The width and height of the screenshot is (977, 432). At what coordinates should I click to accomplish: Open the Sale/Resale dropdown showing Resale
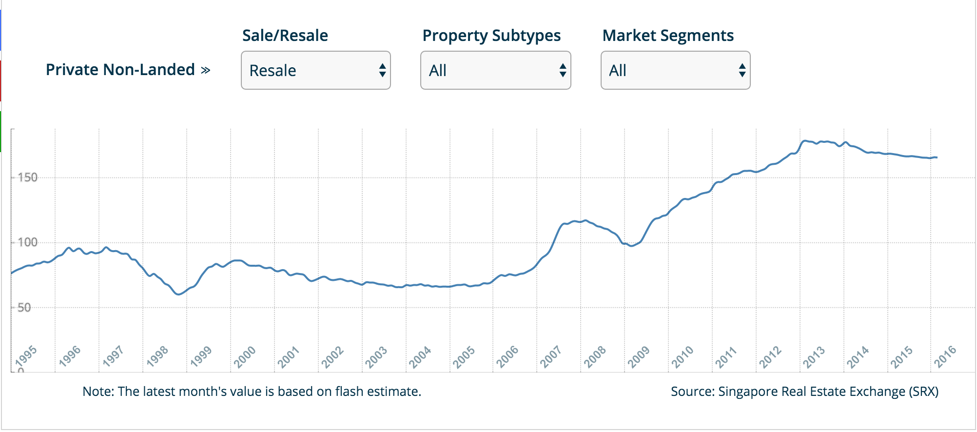(x=315, y=70)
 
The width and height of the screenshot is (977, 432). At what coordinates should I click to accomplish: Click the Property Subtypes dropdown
(x=495, y=70)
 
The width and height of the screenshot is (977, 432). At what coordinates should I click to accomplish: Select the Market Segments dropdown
(x=675, y=70)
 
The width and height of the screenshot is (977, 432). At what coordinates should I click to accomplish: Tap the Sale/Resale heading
(x=285, y=36)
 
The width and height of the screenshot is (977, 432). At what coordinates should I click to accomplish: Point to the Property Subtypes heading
(x=491, y=36)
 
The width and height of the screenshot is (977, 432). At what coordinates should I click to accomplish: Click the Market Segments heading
(x=668, y=36)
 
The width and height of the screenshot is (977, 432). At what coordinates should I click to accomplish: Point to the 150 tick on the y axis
(x=27, y=177)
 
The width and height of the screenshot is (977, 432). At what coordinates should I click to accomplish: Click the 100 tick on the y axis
(x=27, y=242)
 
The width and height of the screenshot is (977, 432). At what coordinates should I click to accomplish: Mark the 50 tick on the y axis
(x=24, y=308)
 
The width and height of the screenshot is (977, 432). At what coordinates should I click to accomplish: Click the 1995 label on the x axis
(x=26, y=356)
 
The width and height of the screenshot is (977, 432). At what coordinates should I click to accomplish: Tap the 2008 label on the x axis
(x=595, y=356)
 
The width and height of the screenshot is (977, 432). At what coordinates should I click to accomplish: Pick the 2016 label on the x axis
(x=945, y=356)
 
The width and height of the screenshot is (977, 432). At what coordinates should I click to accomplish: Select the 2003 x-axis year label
(x=376, y=356)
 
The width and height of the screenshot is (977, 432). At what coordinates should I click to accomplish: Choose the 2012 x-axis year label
(x=770, y=356)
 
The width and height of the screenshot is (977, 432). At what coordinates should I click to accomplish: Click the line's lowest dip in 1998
(x=178, y=295)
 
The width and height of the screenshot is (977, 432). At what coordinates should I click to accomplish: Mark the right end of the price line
(x=937, y=157)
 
